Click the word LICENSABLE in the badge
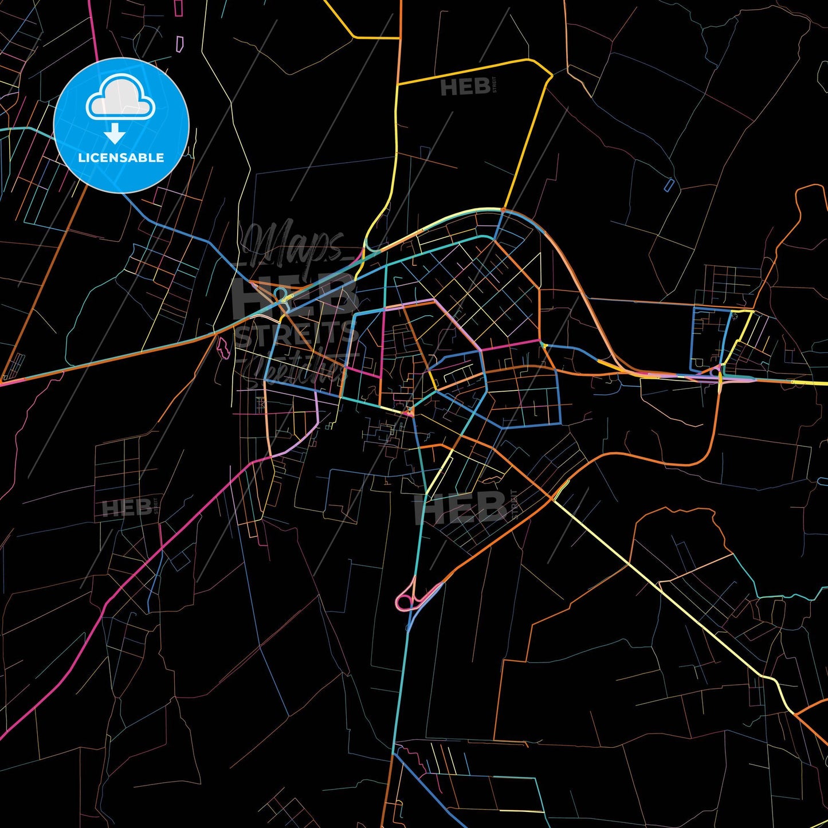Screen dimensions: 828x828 coord(121,158)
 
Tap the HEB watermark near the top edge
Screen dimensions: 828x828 coord(465,87)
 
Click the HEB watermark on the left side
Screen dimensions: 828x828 coord(127,508)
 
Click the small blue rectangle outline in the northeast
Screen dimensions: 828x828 coord(669,185)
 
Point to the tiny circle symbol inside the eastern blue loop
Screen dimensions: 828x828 coord(734,313)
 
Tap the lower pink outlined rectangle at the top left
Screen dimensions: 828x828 coord(179,43)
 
